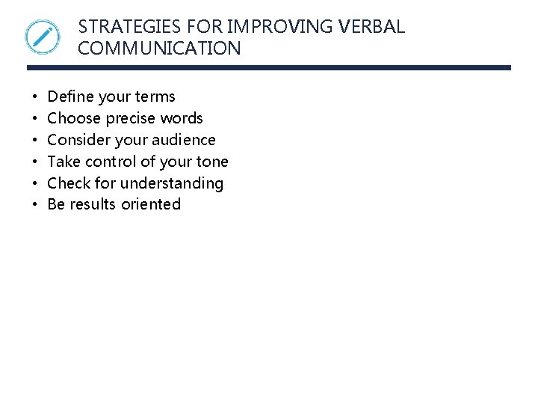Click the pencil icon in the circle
point(42,37)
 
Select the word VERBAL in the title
point(372,27)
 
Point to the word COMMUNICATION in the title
point(159,49)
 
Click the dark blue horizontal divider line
point(269,67)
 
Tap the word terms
point(155,97)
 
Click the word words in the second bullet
point(182,118)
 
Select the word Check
point(69,183)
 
